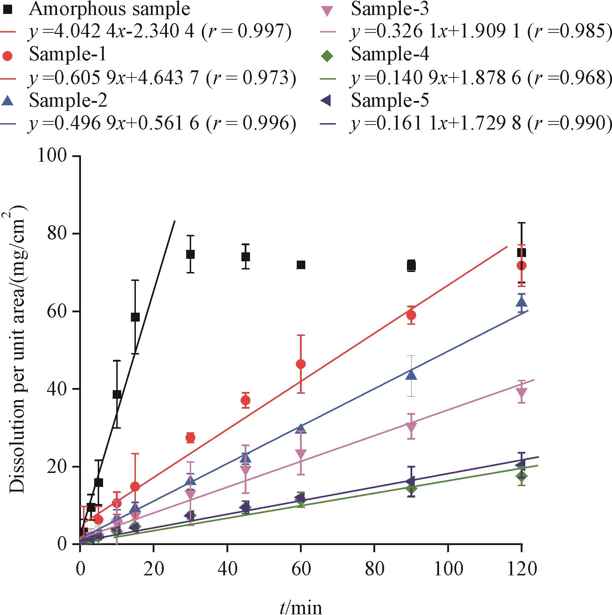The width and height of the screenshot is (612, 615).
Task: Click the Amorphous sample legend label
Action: point(109,9)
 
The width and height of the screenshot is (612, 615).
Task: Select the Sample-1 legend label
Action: point(67,54)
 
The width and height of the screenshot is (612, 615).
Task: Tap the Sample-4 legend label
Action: point(390,54)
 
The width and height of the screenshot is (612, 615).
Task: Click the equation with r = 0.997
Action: point(160,32)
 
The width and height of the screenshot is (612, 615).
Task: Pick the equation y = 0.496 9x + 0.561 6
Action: point(162,123)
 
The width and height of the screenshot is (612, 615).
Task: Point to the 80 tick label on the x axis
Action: point(374,568)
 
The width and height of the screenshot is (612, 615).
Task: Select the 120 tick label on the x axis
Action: point(521,568)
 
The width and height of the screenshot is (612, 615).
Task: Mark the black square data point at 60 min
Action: point(301,265)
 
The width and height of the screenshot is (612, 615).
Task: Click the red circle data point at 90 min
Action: point(411,315)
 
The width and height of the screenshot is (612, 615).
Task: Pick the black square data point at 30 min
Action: point(190,254)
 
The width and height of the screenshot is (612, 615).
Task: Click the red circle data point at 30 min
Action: point(190,438)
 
